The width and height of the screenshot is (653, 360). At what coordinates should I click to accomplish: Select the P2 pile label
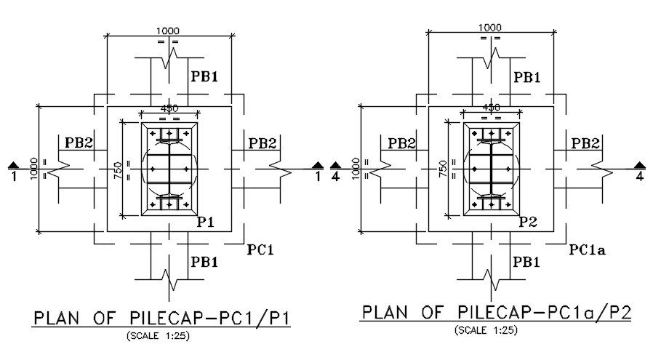click(528, 222)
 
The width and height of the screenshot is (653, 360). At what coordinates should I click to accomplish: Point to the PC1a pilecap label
click(588, 249)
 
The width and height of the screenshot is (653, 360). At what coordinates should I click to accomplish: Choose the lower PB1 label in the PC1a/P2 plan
click(526, 261)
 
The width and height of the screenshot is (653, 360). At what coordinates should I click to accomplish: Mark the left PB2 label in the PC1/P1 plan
click(79, 142)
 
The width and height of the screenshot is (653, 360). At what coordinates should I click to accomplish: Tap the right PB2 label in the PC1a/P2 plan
click(585, 143)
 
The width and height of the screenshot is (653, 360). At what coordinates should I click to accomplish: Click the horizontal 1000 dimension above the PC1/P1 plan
click(169, 31)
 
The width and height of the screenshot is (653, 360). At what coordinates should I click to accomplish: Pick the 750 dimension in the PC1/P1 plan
click(119, 169)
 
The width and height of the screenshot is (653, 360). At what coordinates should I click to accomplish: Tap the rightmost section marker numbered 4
click(639, 171)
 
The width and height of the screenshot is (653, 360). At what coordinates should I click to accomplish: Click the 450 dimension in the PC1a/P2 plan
click(492, 108)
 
